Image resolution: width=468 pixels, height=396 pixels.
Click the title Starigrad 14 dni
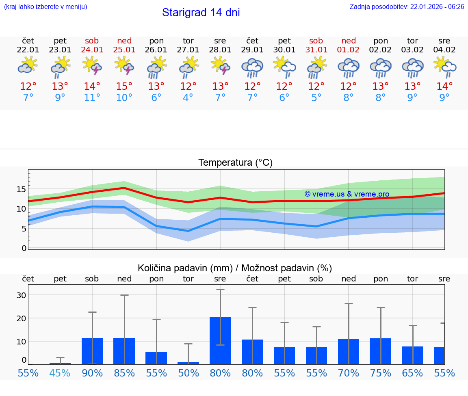pyautogui.click(x=201, y=13)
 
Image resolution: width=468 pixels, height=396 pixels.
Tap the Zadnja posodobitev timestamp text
pyautogui.click(x=407, y=7)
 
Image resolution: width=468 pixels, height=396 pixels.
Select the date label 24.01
pyautogui.click(x=92, y=50)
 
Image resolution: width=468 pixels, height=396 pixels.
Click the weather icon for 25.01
pyautogui.click(x=124, y=66)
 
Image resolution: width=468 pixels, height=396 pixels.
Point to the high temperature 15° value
pyautogui.click(x=124, y=87)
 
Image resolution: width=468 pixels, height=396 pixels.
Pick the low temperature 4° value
pyautogui.click(x=188, y=98)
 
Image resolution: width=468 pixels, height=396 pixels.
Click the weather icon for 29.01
pyautogui.click(x=252, y=68)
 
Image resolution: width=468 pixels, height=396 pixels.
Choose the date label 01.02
pyautogui.click(x=348, y=50)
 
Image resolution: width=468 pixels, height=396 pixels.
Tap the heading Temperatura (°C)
pyautogui.click(x=235, y=163)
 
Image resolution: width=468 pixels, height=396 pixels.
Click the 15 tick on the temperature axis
pyautogui.click(x=21, y=189)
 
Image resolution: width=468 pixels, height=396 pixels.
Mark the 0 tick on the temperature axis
pyautogui.click(x=24, y=248)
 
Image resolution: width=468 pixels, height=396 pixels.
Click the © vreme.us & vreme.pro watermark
pyautogui.click(x=347, y=194)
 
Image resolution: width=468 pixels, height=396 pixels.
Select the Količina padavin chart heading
pyautogui.click(x=235, y=268)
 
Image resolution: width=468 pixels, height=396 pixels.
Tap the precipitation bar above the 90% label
pyautogui.click(x=92, y=351)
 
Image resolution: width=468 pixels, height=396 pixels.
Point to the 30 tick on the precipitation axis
pyautogui.click(x=21, y=295)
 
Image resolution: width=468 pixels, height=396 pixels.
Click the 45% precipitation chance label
pyautogui.click(x=60, y=373)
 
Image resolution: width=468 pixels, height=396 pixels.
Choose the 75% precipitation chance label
pyautogui.click(x=381, y=373)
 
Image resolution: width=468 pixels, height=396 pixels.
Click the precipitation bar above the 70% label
pyautogui.click(x=349, y=351)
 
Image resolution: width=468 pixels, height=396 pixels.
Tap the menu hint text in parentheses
pyautogui.click(x=45, y=7)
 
